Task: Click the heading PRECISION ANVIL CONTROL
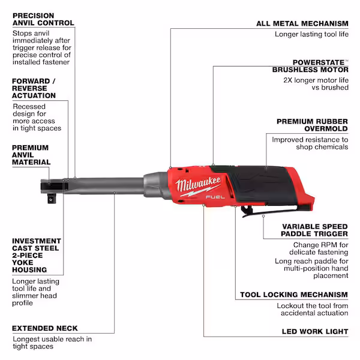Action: click(43, 19)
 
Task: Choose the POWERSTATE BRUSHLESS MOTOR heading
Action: click(320, 66)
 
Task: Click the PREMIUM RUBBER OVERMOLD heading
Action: click(312, 125)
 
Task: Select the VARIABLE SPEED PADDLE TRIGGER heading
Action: click(314, 230)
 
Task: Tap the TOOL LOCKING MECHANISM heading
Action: click(293, 295)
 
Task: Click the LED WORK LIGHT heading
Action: click(314, 331)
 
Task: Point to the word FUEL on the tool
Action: click(212, 196)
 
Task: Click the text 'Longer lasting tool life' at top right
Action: click(311, 35)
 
